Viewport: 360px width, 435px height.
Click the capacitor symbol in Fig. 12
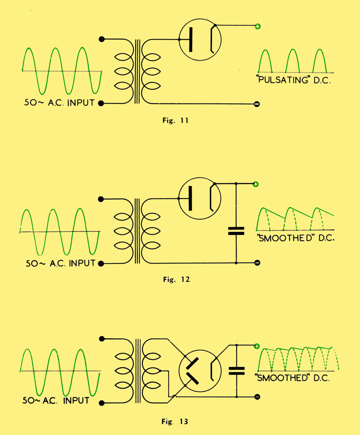236,231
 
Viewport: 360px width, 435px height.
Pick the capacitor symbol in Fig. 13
236,371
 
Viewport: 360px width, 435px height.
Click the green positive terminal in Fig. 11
257,27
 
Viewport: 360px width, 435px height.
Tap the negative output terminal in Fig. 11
257,104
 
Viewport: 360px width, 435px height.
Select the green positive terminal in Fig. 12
256,184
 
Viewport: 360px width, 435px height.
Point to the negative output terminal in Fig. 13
257,397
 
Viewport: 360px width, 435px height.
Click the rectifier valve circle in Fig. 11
199,40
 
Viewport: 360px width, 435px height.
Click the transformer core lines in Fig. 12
137,231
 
